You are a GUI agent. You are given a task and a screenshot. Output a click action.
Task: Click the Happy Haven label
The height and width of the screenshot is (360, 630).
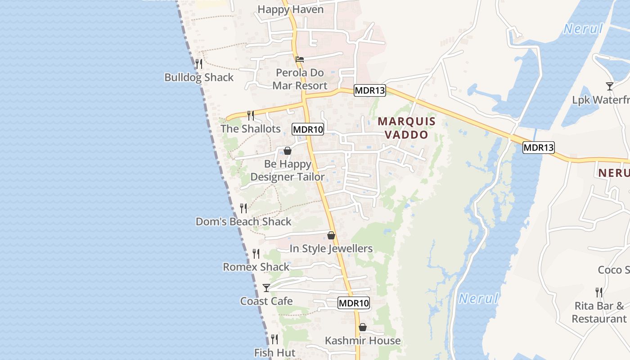[291, 9]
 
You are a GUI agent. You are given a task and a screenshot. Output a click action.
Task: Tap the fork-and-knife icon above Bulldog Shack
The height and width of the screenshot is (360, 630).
[199, 64]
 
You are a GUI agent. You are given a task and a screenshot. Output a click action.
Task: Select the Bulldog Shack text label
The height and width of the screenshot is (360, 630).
[199, 77]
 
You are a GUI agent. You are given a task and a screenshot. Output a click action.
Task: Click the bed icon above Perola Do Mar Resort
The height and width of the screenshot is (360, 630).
[300, 59]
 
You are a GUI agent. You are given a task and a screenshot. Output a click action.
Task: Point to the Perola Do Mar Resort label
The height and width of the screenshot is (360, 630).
[300, 79]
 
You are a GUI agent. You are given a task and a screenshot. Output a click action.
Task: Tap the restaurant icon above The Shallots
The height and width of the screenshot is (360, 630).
[251, 116]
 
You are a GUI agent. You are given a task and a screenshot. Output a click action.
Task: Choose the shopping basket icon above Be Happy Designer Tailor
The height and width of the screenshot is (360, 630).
[288, 151]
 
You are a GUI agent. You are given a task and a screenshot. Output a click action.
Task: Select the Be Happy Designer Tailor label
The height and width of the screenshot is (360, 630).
[288, 171]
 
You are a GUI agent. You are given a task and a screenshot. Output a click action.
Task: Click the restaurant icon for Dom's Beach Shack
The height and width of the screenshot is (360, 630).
[243, 208]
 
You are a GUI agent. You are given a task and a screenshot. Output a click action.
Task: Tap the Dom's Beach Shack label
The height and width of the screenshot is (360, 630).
[243, 222]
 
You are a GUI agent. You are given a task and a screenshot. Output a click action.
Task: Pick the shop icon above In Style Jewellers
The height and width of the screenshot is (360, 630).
[331, 235]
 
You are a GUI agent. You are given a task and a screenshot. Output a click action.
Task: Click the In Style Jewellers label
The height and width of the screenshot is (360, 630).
[331, 249]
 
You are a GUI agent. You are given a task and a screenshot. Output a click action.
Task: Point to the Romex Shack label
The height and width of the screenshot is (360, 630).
[256, 267]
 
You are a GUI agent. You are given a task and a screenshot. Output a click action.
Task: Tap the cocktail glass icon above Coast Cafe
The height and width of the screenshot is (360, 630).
[266, 288]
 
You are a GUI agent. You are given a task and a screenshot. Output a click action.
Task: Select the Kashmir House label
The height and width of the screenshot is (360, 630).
[363, 341]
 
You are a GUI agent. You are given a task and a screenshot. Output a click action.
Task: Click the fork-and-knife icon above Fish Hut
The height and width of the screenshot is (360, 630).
[274, 339]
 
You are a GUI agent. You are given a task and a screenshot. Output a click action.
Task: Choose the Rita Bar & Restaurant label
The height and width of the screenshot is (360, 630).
[599, 312]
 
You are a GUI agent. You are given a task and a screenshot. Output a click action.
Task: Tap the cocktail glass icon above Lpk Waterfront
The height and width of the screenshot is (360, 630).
[610, 86]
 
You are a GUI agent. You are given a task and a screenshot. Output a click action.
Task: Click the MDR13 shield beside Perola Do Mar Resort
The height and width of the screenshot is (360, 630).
[370, 90]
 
